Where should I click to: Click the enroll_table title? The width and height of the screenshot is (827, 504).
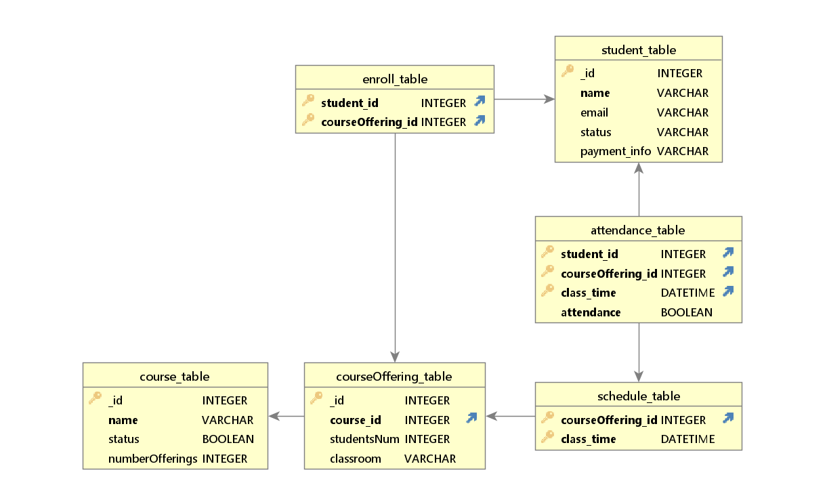[395, 79]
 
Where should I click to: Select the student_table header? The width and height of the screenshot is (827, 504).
[638, 50]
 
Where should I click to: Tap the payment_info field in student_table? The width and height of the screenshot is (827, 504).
[615, 151]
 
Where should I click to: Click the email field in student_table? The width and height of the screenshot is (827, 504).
[594, 112]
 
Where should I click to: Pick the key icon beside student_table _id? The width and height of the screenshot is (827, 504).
[568, 71]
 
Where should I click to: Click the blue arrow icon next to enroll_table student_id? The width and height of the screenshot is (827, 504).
[480, 102]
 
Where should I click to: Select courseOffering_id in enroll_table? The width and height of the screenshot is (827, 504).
[369, 122]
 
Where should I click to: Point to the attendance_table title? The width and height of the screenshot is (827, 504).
[638, 230]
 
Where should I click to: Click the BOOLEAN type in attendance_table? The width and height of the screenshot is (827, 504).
[686, 312]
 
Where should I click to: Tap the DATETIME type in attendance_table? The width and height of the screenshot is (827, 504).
[687, 293]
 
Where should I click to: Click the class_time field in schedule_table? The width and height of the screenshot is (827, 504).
[588, 439]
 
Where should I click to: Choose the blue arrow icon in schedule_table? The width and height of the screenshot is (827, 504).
[728, 418]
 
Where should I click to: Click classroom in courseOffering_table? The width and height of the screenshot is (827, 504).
[355, 459]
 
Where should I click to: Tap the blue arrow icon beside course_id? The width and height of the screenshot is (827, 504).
[471, 419]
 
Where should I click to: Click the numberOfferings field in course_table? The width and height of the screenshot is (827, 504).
[152, 459]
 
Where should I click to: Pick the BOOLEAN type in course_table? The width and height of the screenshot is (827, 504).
[228, 439]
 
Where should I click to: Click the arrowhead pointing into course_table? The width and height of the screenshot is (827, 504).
[274, 416]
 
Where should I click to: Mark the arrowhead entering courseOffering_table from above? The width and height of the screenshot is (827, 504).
[395, 356]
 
